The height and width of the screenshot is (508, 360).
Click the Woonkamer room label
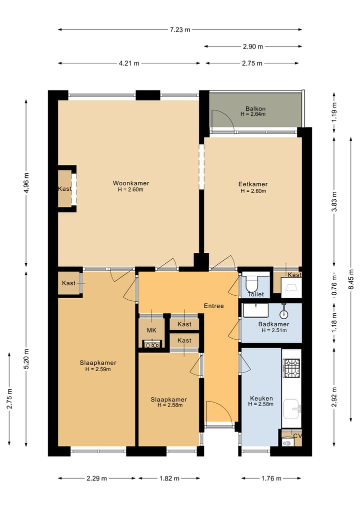tap(130, 183)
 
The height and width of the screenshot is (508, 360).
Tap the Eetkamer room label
tap(253, 184)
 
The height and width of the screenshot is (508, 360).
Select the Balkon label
tap(255, 109)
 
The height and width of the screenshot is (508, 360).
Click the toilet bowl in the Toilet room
tap(251, 284)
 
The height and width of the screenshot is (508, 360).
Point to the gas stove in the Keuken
tap(291, 368)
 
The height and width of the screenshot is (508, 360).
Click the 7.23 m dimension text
tap(180, 30)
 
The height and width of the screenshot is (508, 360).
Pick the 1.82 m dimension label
tap(169, 478)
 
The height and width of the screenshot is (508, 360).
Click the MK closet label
tap(151, 331)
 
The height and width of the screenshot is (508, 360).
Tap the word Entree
tap(213, 306)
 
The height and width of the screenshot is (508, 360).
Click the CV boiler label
tap(297, 436)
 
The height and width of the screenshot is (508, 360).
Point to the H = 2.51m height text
tap(274, 331)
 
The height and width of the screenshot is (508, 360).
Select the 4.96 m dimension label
tap(26, 183)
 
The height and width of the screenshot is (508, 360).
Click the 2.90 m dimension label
tap(253, 46)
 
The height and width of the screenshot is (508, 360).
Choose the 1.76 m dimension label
tap(271, 478)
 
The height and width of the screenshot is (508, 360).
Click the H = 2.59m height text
tap(98, 369)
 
